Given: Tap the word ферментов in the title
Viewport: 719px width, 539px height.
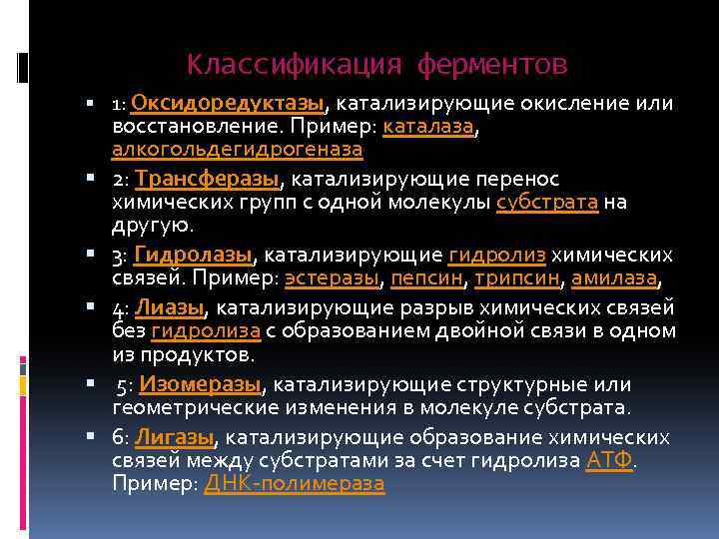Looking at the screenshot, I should coord(492,65).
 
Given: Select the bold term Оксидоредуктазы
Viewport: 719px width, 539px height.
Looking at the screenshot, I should coord(228,103).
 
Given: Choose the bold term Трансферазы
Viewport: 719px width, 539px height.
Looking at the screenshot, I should coord(208,179).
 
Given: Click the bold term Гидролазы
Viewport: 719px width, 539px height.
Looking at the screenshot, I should coord(195,255).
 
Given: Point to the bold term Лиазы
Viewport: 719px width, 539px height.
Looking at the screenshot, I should coord(170,306).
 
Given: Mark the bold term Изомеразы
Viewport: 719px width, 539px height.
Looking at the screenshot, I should coord(201,383).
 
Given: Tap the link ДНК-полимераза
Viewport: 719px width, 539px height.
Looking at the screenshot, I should coord(294,484).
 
